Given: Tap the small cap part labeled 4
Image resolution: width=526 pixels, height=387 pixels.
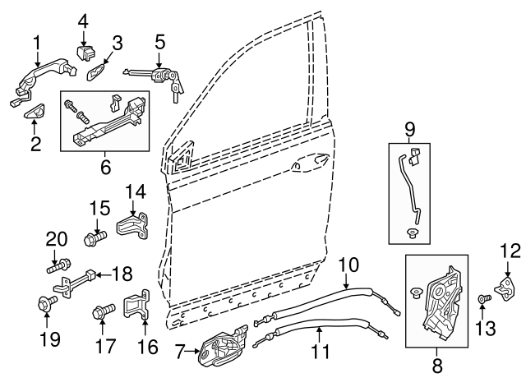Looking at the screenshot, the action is (85, 53).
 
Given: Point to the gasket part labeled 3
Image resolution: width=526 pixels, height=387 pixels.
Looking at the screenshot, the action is (96, 71).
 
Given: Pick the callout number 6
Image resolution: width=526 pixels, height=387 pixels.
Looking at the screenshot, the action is (105, 167).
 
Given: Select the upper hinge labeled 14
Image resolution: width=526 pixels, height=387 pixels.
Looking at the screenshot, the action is (133, 226).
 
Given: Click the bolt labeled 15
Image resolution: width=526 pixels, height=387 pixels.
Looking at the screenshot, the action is (95, 238).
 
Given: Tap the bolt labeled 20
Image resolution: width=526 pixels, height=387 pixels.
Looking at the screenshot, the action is (58, 265).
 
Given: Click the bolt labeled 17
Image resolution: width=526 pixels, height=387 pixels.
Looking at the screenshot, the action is (104, 311).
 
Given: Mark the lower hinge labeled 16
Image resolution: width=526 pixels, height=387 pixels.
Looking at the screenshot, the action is (136, 304).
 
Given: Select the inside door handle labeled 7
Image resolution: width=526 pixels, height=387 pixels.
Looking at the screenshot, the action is (223, 346).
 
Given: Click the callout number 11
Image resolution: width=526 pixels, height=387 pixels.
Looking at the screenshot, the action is (321, 352).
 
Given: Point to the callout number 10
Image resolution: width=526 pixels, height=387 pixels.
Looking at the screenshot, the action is (348, 265).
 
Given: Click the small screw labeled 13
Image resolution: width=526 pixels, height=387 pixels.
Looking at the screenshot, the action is (484, 298).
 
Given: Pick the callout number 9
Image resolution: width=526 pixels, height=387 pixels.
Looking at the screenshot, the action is (409, 130).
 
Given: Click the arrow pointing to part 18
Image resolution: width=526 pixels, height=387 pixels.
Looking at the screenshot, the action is (104, 275).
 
